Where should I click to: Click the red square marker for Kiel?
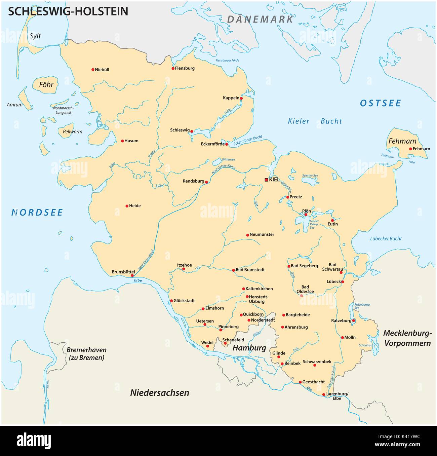pos(267,180)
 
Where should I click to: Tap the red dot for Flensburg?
pos(173,68)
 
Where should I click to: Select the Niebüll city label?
pos(102,70)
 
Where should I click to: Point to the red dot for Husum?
pos(122,141)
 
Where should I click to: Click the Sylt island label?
pos(35,36)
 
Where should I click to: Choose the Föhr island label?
pos(46,84)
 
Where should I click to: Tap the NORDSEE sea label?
pos(37,212)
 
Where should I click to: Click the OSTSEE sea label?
pos(380,103)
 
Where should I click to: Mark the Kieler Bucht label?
pos(315,121)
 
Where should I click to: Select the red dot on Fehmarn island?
pos(410,149)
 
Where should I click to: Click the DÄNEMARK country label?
pos(260,19)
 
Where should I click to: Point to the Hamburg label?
pos(249,348)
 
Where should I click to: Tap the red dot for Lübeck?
pos(343,282)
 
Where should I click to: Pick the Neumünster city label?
pos(262,234)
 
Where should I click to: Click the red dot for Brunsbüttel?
pos(132,275)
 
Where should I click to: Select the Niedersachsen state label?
pos(160,392)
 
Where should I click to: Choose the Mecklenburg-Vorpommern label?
pos(407,338)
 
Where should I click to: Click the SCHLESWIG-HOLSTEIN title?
pos(68,11)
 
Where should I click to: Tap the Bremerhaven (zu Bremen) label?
pos(85,353)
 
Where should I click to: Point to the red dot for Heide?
pos(127,206)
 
